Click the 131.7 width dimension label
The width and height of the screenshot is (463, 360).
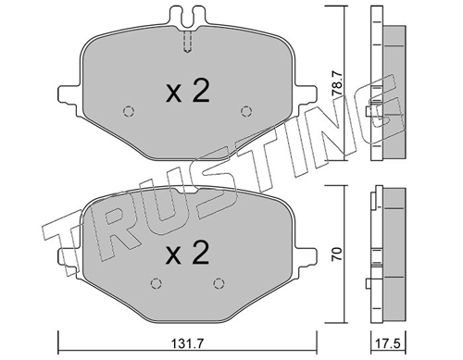187,343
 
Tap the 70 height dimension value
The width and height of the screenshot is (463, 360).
336,254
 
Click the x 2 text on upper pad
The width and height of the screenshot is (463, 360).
188,91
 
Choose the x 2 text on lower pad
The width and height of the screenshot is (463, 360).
188,253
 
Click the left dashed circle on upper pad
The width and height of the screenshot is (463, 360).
129,111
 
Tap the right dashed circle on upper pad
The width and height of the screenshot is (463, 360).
246,111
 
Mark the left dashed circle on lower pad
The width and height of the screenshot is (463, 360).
156,283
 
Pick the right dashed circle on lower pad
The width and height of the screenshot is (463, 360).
219,283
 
